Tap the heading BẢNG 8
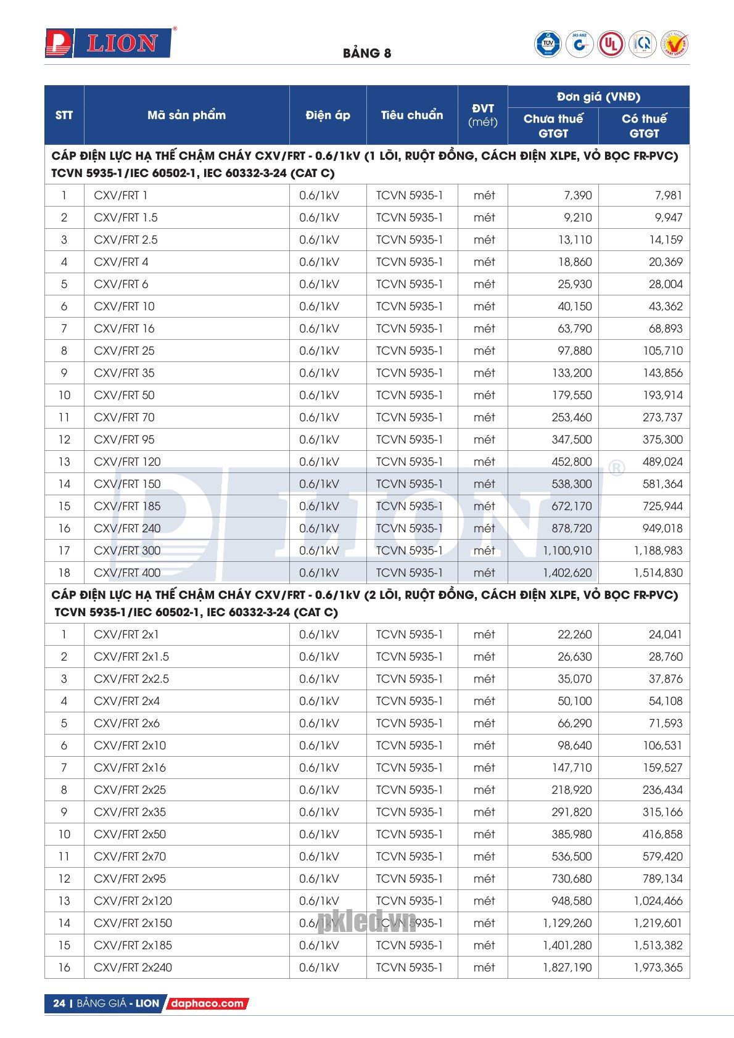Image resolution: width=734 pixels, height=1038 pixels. pyautogui.click(x=367, y=53)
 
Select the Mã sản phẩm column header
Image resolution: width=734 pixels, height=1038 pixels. pyautogui.click(x=186, y=115)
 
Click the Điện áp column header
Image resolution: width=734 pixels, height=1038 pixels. pyautogui.click(x=328, y=115)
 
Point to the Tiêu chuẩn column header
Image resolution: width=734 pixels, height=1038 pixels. pyautogui.click(x=411, y=115)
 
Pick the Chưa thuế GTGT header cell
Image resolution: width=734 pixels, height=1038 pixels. pyautogui.click(x=553, y=126)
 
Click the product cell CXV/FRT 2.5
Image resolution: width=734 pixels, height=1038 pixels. pyautogui.click(x=126, y=240)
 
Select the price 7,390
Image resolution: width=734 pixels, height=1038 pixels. pyautogui.click(x=577, y=196)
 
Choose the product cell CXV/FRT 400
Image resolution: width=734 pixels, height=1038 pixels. pyautogui.click(x=127, y=573)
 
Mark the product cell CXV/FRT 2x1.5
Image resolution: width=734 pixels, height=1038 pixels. pyautogui.click(x=131, y=657)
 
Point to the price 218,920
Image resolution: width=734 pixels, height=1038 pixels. pyautogui.click(x=574, y=790)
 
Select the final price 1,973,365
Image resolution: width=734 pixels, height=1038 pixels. pyautogui.click(x=658, y=968)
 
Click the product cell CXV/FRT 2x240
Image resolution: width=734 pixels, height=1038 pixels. pyautogui.click(x=133, y=968)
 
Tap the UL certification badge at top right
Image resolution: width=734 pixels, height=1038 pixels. pyautogui.click(x=610, y=44)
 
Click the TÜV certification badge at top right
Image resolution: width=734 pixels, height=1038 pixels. pyautogui.click(x=547, y=44)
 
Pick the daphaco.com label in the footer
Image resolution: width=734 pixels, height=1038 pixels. pyautogui.click(x=207, y=1003)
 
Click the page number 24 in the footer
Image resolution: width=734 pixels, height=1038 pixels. pyautogui.click(x=59, y=1003)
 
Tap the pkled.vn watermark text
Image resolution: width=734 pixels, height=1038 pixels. pyautogui.click(x=366, y=923)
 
